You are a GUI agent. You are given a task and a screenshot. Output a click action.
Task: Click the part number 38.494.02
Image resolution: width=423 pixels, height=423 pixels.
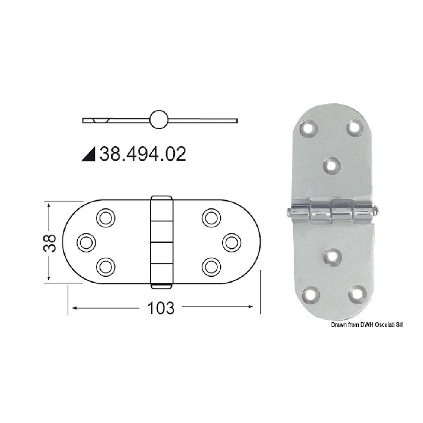(x=143, y=154)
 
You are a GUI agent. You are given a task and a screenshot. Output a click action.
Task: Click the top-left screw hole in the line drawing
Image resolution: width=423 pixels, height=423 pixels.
(x=106, y=218)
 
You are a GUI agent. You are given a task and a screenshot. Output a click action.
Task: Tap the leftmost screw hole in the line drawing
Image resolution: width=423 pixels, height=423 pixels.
(x=86, y=242)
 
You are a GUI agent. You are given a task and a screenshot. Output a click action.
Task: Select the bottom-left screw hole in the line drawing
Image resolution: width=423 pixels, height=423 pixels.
(x=106, y=266)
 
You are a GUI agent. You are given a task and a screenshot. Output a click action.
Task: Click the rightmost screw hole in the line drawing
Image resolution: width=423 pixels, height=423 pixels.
(x=232, y=242)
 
